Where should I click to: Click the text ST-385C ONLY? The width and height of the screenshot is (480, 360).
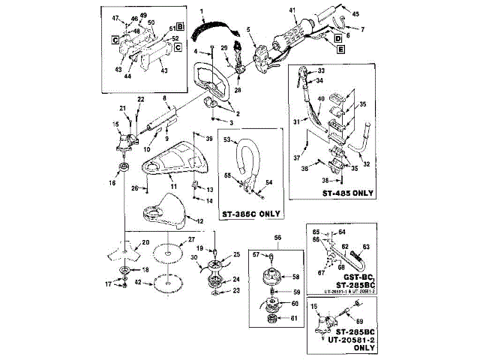click(x=250, y=214)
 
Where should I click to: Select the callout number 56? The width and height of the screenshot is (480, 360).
click(x=277, y=238)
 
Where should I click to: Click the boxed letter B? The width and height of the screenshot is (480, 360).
click(x=172, y=26)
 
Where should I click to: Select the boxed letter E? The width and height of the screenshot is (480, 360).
click(x=341, y=49)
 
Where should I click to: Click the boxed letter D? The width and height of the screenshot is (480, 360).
click(x=338, y=37)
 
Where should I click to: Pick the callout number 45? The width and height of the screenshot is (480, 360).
click(x=355, y=13)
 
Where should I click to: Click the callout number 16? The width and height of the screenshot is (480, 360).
click(x=112, y=182)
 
